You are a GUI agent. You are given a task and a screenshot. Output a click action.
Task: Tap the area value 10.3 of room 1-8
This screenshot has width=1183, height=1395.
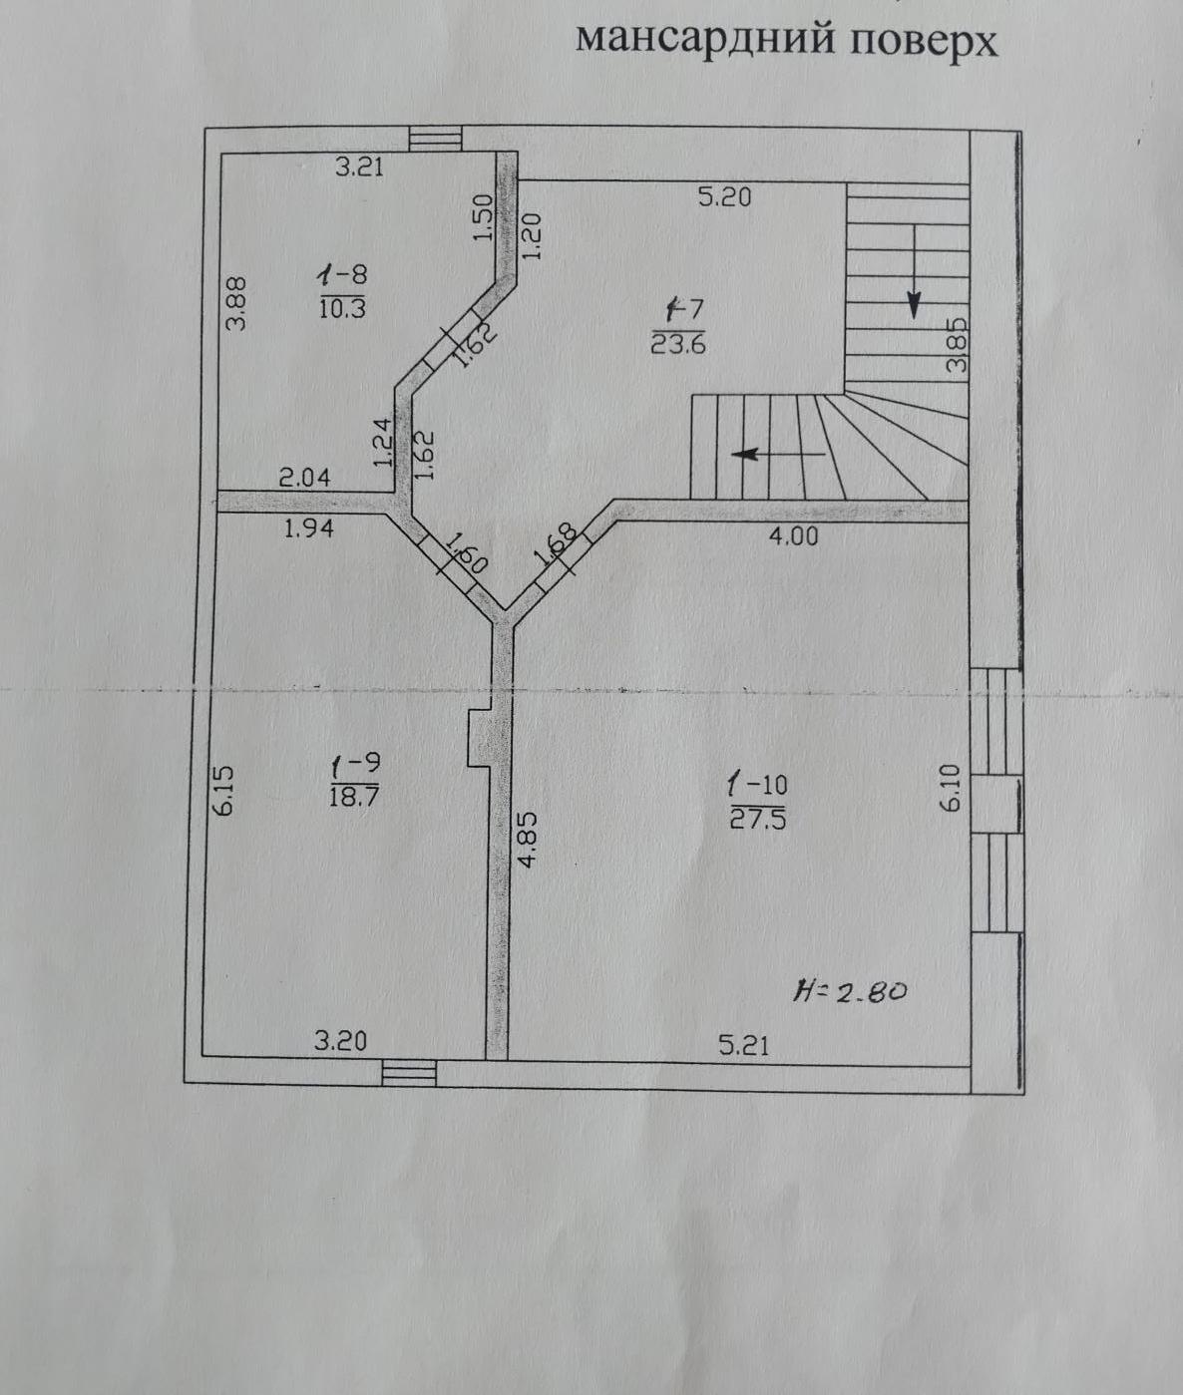[342, 308]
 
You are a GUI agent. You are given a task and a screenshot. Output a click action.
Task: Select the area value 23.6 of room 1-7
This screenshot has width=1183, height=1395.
[678, 344]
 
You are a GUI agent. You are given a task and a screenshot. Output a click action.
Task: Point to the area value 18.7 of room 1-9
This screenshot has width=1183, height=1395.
[354, 797]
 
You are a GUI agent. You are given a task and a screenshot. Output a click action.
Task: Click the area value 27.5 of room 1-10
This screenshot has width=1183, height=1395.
[758, 819]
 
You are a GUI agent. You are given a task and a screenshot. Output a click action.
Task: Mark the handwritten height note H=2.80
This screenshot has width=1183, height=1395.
[850, 991]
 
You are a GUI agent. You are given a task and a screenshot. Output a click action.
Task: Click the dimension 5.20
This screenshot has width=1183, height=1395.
[724, 197]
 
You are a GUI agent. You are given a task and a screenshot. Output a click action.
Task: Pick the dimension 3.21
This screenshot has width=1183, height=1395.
[360, 166]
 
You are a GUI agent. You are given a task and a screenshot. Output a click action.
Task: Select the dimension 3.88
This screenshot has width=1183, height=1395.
[237, 303]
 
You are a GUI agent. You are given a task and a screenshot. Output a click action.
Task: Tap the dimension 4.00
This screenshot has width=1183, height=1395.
[793, 535]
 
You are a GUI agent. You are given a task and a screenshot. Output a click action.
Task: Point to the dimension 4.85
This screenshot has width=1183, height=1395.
[529, 839]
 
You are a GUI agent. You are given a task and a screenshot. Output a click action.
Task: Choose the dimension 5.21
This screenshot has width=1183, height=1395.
[743, 1046]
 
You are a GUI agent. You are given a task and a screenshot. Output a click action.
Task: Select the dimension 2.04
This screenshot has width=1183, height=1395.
[305, 478]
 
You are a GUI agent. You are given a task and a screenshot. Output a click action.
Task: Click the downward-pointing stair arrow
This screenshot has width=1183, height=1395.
[915, 270]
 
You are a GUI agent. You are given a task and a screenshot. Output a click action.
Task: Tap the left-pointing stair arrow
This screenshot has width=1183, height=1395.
[779, 454]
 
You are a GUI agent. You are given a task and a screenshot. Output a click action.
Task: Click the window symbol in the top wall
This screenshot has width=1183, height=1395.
[436, 139]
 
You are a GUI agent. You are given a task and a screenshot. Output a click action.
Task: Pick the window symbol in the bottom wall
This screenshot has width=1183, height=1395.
[409, 1072]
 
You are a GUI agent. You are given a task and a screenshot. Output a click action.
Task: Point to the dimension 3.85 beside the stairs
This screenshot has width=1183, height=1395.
[957, 346]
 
